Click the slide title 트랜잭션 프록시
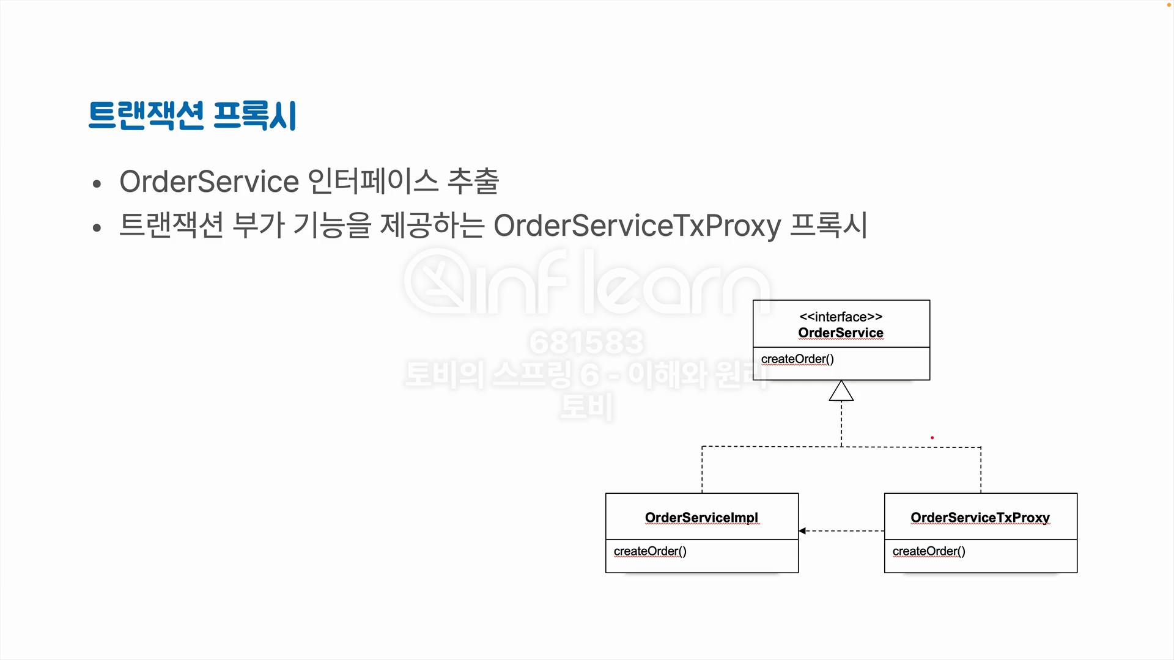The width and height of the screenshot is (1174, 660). pos(192,116)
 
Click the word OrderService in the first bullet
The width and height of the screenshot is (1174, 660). pos(209,182)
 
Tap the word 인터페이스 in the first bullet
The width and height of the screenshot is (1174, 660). pos(372,182)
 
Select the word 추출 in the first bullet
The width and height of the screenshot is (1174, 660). pos(473,182)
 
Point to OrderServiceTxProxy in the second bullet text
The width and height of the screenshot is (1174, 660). pos(637,226)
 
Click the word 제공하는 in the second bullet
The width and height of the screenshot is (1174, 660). pos(432,226)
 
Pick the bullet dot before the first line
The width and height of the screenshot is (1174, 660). pos(97,184)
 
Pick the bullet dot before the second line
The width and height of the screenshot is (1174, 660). pos(97,228)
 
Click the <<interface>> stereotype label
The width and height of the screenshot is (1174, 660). pos(841,317)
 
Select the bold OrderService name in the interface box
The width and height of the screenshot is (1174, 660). pos(841,333)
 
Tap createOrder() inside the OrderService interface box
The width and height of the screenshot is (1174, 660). pos(797,359)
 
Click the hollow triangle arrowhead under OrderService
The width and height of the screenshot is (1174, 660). pos(841,392)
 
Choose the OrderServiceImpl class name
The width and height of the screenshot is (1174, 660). pos(701,518)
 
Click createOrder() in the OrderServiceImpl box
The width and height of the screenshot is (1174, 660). pos(650,551)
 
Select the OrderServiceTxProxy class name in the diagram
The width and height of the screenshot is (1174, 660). pos(980,518)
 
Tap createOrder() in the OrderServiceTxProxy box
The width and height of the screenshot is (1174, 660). pos(929,551)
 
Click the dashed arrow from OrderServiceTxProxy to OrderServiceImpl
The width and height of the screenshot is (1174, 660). pos(841,531)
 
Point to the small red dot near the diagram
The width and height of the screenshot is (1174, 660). pos(932,438)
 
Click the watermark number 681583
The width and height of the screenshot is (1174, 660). pos(586,342)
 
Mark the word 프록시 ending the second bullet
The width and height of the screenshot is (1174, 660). pos(829,226)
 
